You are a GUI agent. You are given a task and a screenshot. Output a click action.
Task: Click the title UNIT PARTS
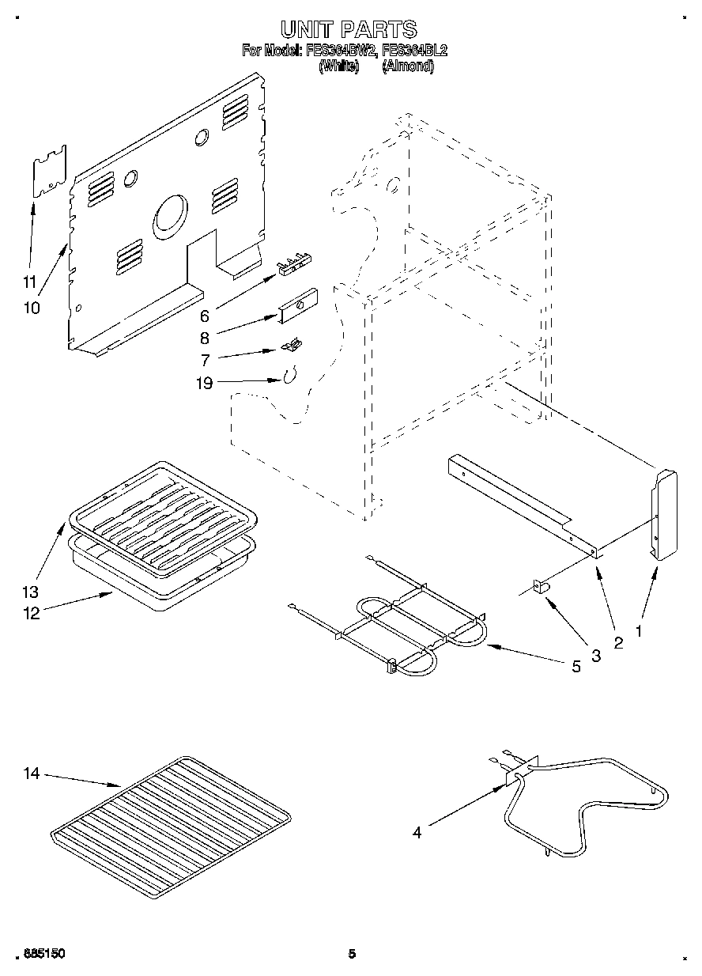(x=349, y=30)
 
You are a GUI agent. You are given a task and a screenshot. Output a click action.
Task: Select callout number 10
(x=31, y=308)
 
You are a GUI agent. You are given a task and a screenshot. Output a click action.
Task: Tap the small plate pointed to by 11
(x=48, y=171)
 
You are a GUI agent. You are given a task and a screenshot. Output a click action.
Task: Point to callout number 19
(x=203, y=383)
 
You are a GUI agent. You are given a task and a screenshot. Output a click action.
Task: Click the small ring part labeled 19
(x=289, y=376)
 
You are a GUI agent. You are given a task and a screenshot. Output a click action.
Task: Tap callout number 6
(x=204, y=316)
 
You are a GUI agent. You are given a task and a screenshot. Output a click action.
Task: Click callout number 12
(x=31, y=612)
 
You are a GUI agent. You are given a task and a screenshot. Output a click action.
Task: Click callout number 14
(x=31, y=774)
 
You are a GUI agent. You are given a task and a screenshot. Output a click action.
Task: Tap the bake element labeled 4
(x=585, y=807)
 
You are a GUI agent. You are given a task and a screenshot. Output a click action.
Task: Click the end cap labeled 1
(x=664, y=514)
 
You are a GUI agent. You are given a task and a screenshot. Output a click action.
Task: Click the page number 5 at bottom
(x=352, y=954)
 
